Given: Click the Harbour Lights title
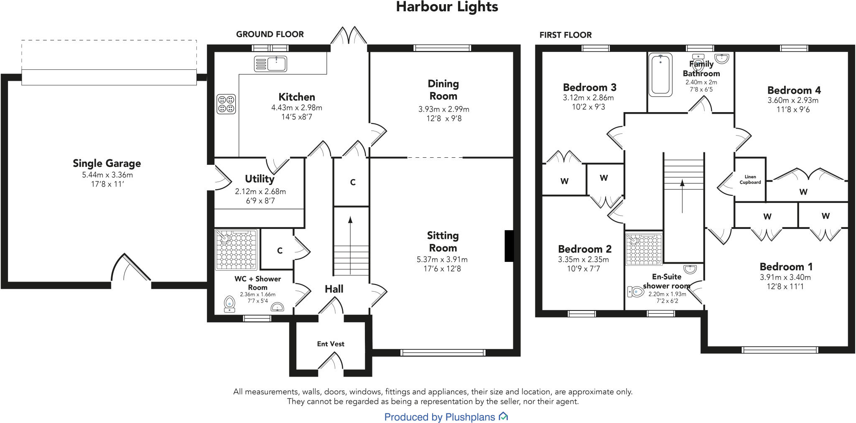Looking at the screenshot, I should point(447,7).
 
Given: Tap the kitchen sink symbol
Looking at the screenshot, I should point(270,64).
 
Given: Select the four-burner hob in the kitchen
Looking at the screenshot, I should point(226,104).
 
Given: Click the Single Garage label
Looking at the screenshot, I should point(107,163).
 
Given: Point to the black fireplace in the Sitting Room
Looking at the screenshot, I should point(509,246).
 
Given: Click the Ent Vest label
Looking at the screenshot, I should point(331,344).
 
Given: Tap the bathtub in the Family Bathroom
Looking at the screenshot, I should point(660,74).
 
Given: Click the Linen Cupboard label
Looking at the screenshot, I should point(750,179).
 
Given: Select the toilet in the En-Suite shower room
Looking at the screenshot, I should point(636,292).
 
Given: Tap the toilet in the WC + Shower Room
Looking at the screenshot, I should point(229,303).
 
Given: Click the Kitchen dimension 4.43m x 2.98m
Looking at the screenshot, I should point(296,108).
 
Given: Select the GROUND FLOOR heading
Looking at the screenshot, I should point(270,34).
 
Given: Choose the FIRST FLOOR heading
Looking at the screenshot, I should point(565,35).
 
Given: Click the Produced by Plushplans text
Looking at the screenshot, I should point(440,417).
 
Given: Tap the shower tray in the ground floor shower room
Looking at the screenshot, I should point(236,250).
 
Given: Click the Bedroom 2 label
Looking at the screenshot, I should point(584,249).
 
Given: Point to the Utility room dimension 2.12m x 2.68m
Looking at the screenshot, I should point(260,192).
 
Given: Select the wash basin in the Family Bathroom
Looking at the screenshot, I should point(722,59).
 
